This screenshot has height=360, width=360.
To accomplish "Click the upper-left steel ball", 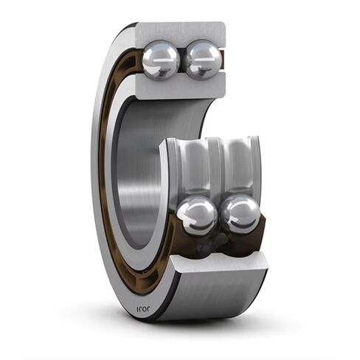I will tap(160, 60).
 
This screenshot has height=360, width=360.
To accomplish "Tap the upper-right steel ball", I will tap(202, 60).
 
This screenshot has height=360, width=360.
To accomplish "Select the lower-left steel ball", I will tap(196, 216).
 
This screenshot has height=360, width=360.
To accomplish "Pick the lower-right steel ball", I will tap(240, 215).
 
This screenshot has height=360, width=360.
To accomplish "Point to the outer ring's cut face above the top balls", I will tap(181, 32).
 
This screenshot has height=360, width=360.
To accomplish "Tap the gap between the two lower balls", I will tap(218, 218).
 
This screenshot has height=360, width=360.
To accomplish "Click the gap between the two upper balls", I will tap(181, 60).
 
